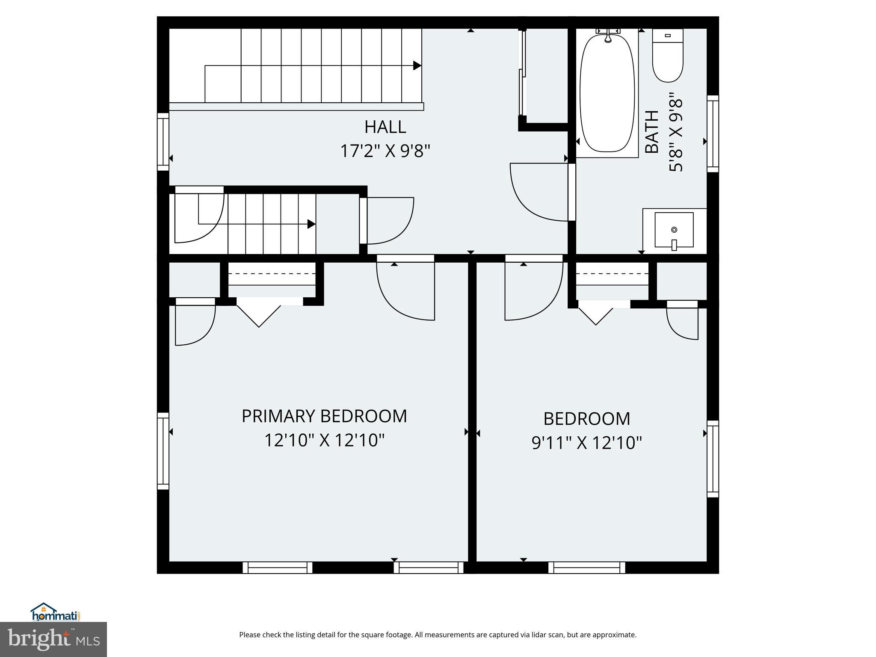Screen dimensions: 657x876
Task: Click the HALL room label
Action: (x=385, y=127)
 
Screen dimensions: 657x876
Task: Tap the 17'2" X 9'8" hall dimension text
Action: (x=385, y=151)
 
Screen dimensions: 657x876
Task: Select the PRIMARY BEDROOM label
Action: (x=324, y=416)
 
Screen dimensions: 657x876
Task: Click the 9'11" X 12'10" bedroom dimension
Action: (x=587, y=443)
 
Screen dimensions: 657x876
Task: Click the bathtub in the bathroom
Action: (x=607, y=93)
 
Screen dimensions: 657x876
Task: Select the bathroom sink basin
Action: (x=674, y=230)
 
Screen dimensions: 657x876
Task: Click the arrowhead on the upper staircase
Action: (x=417, y=65)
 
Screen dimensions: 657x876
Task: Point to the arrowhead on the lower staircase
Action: (x=311, y=224)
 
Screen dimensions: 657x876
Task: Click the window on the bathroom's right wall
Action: (x=713, y=133)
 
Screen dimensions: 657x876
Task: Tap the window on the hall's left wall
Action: (x=163, y=142)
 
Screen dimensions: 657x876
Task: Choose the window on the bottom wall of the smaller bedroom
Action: (x=586, y=568)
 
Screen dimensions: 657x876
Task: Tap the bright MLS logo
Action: (x=53, y=639)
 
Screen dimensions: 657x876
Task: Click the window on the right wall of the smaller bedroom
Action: (x=713, y=459)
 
